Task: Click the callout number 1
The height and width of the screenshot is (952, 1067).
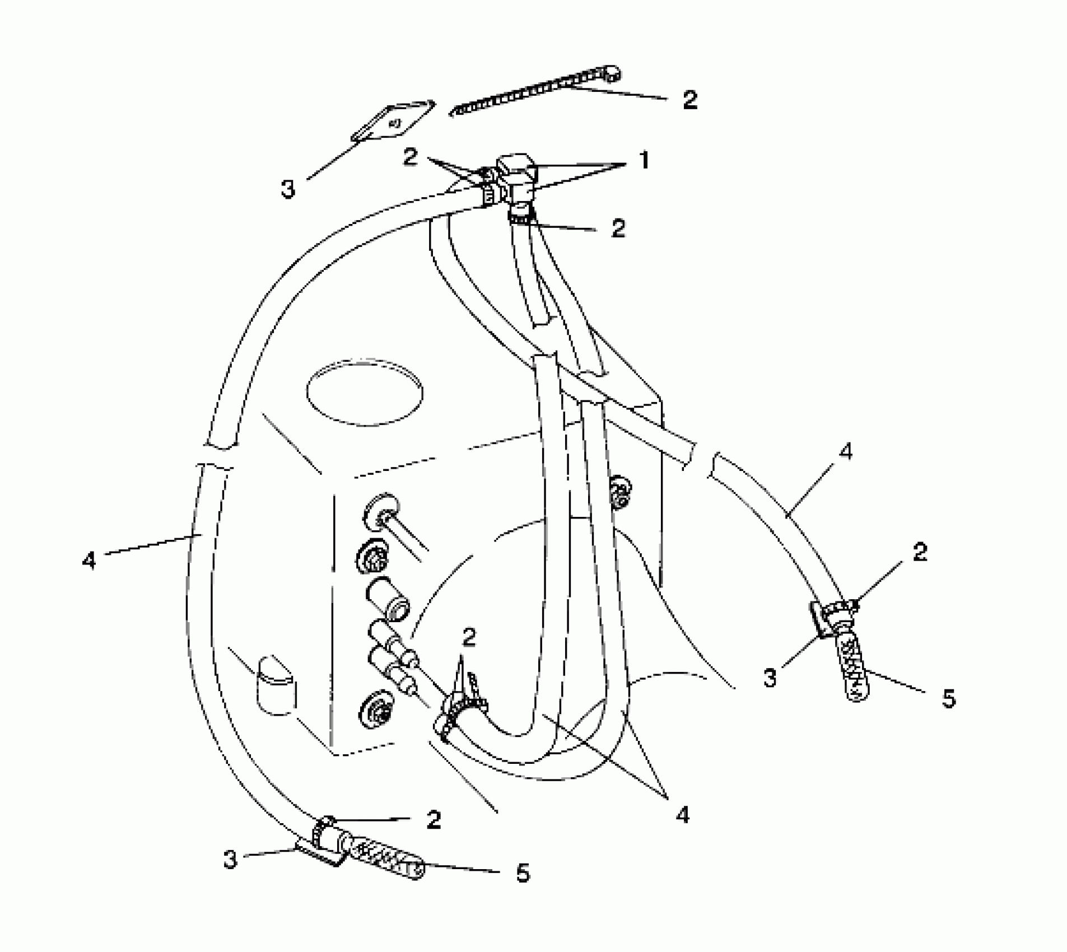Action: tap(644, 161)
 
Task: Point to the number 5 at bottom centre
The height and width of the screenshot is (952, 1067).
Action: tap(522, 872)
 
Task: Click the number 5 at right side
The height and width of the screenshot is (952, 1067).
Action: tap(948, 698)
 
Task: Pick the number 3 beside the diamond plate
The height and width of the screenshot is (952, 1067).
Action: tap(287, 189)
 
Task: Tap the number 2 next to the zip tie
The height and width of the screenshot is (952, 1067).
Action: tap(690, 100)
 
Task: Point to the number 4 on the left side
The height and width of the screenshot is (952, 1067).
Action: tap(89, 559)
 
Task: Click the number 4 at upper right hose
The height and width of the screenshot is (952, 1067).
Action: tap(846, 451)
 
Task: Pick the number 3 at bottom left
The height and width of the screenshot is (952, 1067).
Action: tap(230, 858)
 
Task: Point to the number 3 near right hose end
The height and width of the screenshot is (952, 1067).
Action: tap(771, 678)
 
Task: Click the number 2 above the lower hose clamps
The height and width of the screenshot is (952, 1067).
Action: tap(469, 637)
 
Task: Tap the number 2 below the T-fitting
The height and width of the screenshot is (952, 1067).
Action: tap(618, 228)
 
